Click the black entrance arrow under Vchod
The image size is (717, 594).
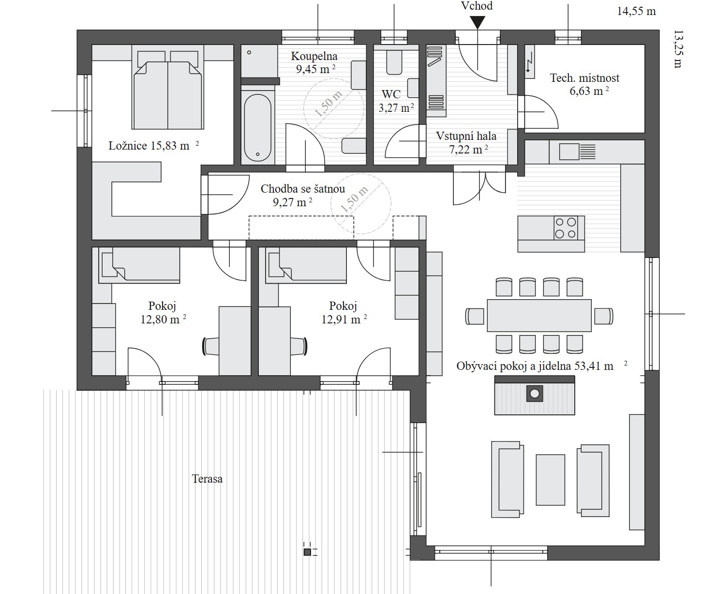478,23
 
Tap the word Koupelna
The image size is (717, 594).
314,56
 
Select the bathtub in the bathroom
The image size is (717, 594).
257,127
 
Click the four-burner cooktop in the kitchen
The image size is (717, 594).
565,228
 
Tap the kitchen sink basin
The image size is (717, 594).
569,152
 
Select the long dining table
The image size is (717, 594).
539,315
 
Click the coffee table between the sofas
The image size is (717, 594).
550,480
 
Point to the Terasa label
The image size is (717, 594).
207,479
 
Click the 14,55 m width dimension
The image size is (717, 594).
636,11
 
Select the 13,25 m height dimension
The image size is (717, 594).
678,49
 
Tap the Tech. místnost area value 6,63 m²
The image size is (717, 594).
589,91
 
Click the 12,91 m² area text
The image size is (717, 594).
344,320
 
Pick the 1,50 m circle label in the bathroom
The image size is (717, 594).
329,104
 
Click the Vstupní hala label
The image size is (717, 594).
466,136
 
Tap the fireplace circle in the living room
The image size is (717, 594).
535,394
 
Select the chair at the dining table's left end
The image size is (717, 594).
475,316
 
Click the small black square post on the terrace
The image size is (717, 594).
307,552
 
